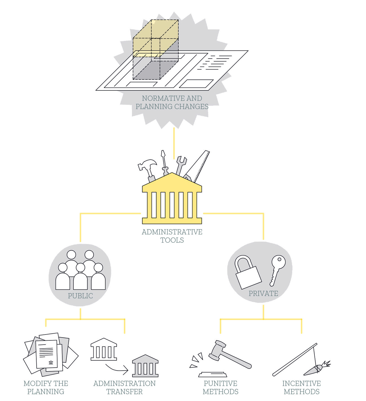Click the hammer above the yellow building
click(148, 170)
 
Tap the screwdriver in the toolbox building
click(164, 163)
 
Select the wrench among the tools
click(181, 166)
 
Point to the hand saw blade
click(197, 166)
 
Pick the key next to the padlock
click(277, 270)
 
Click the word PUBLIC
click(80, 296)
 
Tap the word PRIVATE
click(263, 293)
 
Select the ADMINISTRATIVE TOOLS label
click(172, 236)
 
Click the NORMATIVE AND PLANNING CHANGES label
click(172, 102)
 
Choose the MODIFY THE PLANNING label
click(46, 387)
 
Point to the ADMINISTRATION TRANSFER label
click(125, 387)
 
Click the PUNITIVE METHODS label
click(221, 387)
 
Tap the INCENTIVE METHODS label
click(301, 387)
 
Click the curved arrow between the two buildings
click(117, 369)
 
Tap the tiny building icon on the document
click(51, 362)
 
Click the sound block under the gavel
click(212, 374)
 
